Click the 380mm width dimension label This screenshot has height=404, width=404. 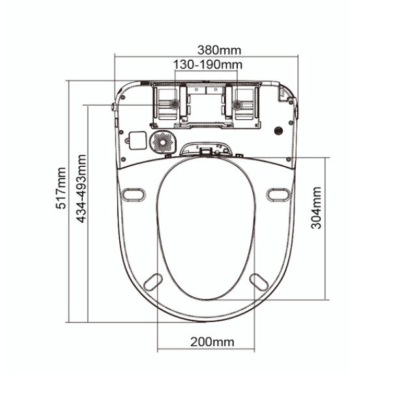pos(219,50)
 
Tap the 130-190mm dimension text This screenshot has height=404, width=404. pos(208,65)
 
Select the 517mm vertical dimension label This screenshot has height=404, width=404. pos(61,188)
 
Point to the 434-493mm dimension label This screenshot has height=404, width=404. pos(81,188)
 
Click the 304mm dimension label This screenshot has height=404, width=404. pos(316,208)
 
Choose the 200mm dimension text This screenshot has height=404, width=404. pos(212,342)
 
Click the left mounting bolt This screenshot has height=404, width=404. pos(175,104)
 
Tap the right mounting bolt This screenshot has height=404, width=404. pos(237,105)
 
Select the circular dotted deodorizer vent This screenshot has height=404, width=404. pos(163,143)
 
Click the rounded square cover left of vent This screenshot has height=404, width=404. pos(137,140)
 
